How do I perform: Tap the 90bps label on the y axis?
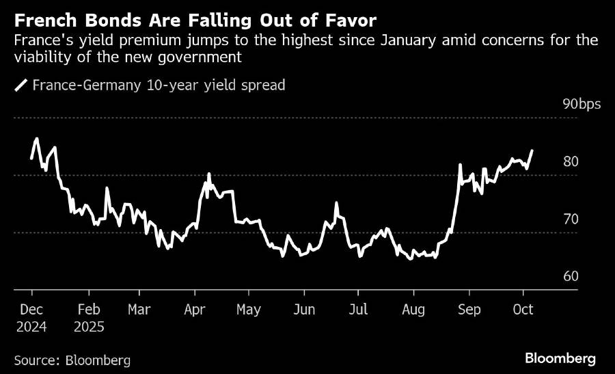click(582, 104)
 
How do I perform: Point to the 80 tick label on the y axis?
click(571, 162)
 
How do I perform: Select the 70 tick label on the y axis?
click(571, 219)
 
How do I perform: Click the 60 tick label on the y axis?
click(571, 277)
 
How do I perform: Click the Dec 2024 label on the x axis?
click(32, 318)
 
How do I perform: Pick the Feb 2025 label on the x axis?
click(90, 318)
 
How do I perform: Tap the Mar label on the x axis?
click(139, 310)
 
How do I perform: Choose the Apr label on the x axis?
click(195, 310)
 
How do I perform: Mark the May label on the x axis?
click(249, 310)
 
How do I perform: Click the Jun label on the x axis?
click(304, 310)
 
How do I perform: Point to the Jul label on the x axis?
click(358, 310)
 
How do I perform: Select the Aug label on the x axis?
click(413, 310)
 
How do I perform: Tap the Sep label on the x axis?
click(469, 310)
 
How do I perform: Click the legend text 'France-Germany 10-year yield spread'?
click(159, 85)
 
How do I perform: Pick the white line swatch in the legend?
click(21, 85)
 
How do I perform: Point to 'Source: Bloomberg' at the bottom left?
click(72, 359)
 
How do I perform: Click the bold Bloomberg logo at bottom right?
click(560, 358)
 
